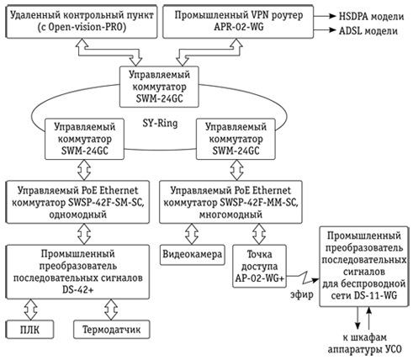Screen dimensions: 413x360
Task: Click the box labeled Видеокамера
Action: (x=193, y=255)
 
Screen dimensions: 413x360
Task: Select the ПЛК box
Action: (x=29, y=330)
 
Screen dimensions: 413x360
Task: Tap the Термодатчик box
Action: (x=112, y=330)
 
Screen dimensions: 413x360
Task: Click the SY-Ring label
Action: (x=160, y=123)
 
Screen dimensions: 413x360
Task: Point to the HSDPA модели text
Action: (x=372, y=16)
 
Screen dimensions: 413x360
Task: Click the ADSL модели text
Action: (x=368, y=30)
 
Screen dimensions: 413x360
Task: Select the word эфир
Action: (x=302, y=294)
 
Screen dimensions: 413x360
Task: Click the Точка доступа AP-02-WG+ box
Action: (x=259, y=266)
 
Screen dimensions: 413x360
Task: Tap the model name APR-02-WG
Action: (x=239, y=27)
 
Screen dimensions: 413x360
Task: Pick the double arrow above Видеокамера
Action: (x=192, y=234)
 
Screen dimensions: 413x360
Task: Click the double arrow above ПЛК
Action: (x=30, y=310)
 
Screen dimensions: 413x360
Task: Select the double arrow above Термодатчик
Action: (x=111, y=310)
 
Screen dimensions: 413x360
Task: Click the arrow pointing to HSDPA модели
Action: (x=325, y=16)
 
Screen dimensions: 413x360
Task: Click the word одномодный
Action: (x=78, y=214)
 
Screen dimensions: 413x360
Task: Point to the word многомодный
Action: (x=230, y=214)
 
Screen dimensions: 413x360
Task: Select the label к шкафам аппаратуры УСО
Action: (x=364, y=343)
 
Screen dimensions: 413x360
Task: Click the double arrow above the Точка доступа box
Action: (x=259, y=234)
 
